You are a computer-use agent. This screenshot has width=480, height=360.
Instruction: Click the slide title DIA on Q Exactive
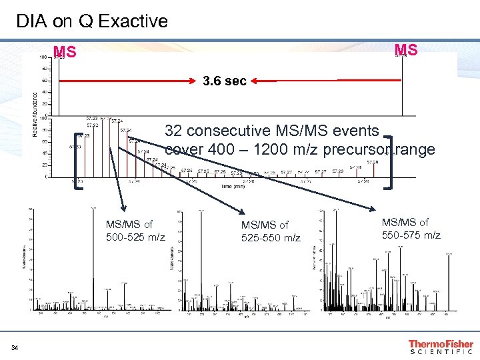pyautogui.click(x=92, y=21)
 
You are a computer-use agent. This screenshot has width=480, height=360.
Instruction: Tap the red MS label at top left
pyautogui.click(x=65, y=52)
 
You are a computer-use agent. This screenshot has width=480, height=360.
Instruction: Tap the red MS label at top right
pyautogui.click(x=406, y=51)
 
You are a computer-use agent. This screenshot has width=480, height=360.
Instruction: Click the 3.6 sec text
pyautogui.click(x=225, y=81)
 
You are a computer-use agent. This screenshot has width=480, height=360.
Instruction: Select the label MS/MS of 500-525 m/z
pyautogui.click(x=135, y=231)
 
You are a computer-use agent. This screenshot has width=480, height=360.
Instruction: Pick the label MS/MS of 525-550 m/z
pyautogui.click(x=271, y=231)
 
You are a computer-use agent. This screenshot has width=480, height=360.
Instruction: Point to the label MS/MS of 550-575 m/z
pyautogui.click(x=411, y=228)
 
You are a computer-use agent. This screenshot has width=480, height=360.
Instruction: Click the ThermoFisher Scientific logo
pyautogui.click(x=441, y=346)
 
